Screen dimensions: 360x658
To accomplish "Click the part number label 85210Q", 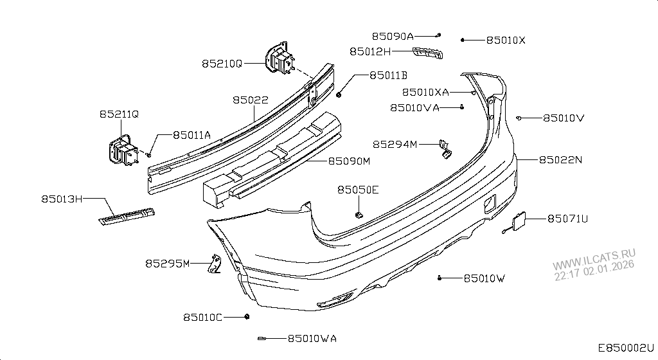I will coord(222,64).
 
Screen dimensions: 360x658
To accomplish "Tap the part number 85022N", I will coord(560,159).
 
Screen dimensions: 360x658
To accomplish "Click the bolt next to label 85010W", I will coord(439,278).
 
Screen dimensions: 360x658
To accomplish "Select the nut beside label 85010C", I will coord(247,317).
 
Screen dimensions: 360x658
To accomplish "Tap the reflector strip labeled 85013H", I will coord(127,217).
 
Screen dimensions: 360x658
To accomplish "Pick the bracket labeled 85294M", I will coord(445,148).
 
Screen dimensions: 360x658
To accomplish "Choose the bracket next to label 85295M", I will coord(215,264).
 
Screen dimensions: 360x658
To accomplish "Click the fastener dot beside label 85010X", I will coord(463,40).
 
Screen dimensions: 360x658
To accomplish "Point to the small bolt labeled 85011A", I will coord(149,154).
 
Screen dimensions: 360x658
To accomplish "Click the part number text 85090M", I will coord(350,160).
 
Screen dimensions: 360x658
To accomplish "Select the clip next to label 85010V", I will coord(519,118).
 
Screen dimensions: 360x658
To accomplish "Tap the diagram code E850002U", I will coord(626,348).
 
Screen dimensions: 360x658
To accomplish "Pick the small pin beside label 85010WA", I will coord(262,338).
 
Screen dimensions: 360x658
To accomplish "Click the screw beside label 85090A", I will coord(438,34).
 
